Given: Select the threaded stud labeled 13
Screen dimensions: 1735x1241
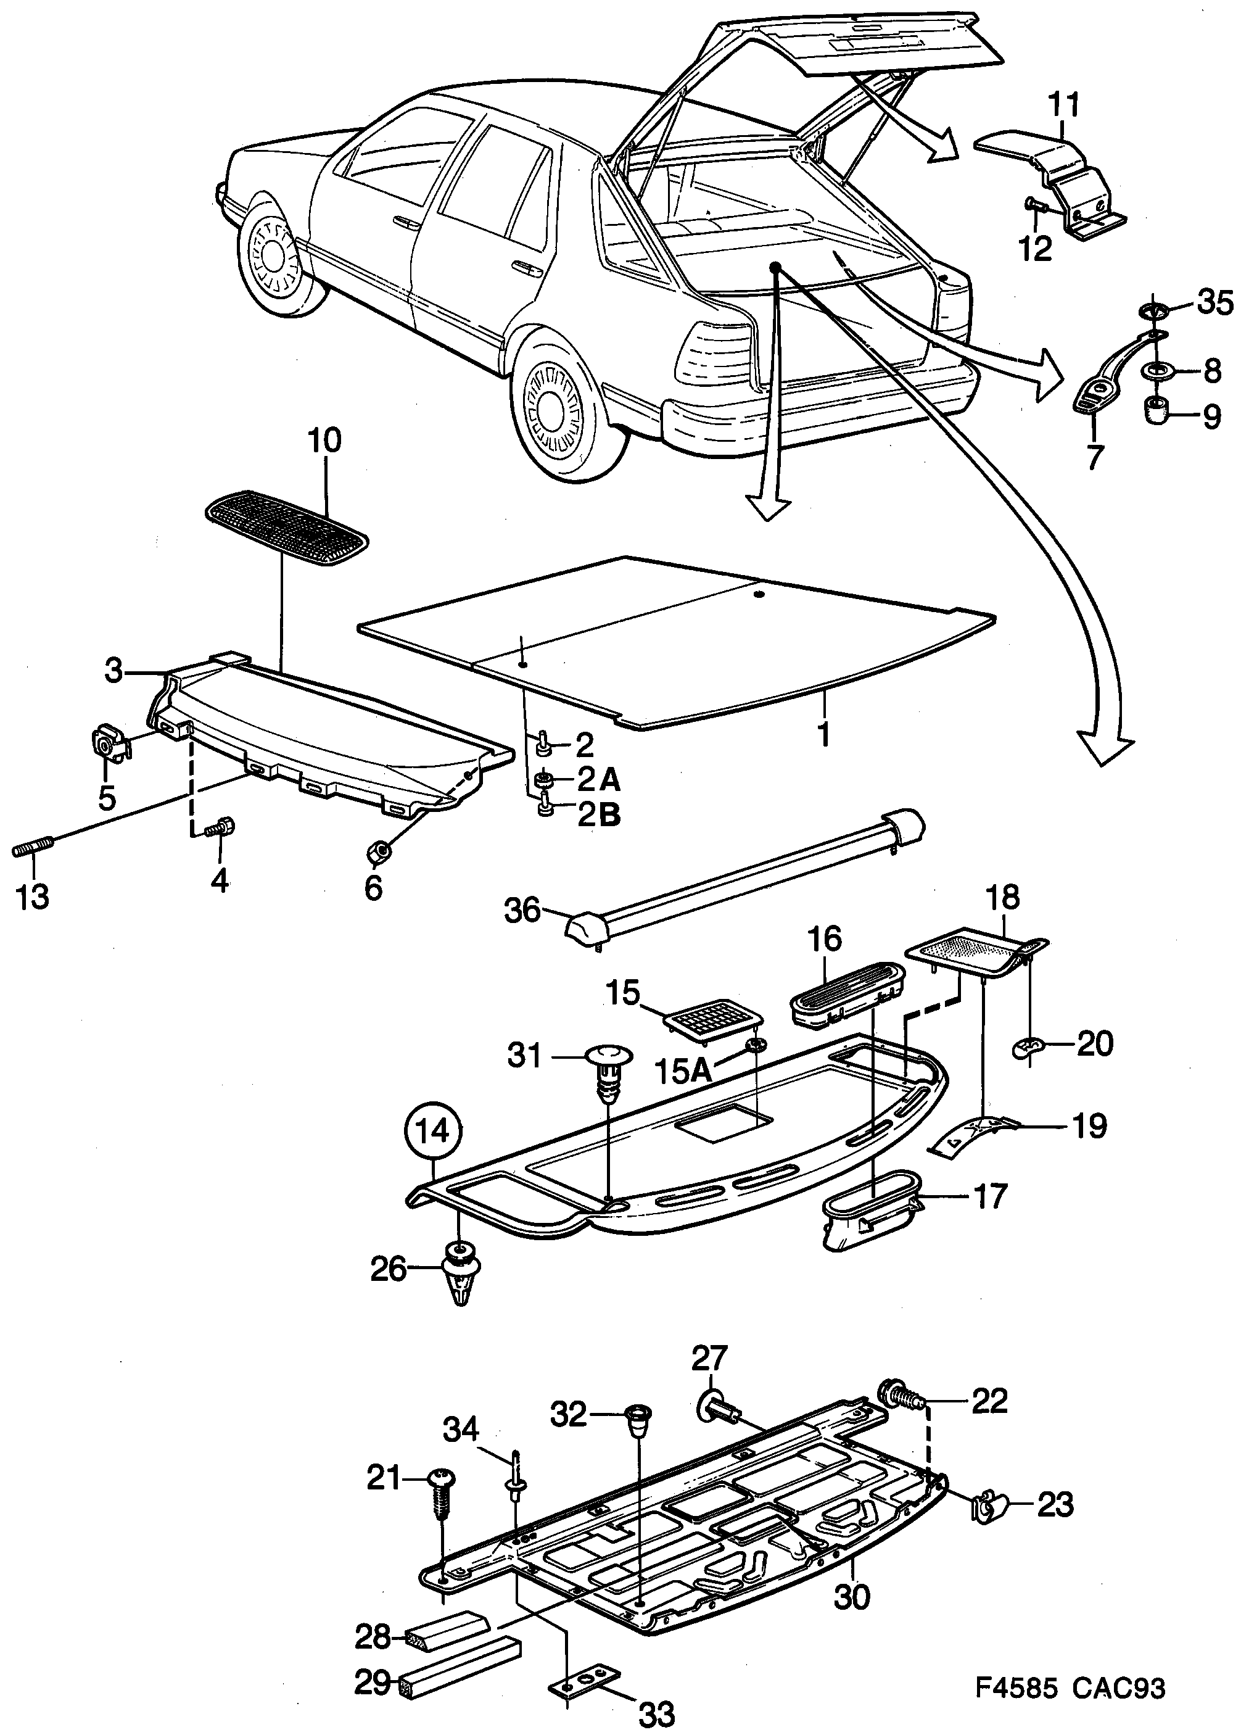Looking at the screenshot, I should (33, 848).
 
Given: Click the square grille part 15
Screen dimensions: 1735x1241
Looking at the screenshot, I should (714, 1019).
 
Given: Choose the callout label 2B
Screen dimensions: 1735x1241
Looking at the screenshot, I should (598, 815).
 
